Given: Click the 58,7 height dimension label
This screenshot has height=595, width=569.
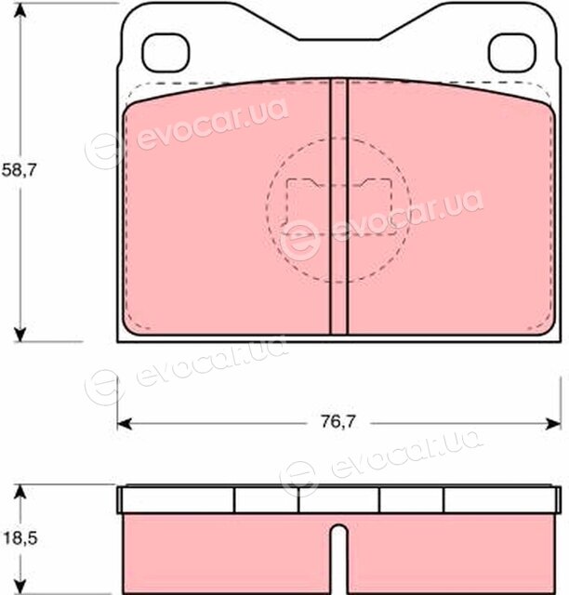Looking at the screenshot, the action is [19, 170].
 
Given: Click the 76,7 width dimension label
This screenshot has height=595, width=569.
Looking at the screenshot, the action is [338, 421].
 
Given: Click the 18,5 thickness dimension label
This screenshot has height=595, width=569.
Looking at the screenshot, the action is [20, 538].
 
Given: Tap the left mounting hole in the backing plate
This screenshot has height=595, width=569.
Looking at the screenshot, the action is [165, 53].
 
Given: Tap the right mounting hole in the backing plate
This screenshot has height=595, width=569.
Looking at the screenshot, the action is [512, 53].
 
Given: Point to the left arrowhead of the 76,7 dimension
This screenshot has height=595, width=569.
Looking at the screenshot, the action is [125, 424].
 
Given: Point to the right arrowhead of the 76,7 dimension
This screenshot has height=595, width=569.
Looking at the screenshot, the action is [553, 424].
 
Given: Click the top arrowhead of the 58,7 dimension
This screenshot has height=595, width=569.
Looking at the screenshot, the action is [20, 10].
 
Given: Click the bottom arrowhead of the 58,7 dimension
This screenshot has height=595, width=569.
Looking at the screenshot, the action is [20, 335].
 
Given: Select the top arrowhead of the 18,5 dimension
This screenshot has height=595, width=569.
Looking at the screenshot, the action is [20, 492].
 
